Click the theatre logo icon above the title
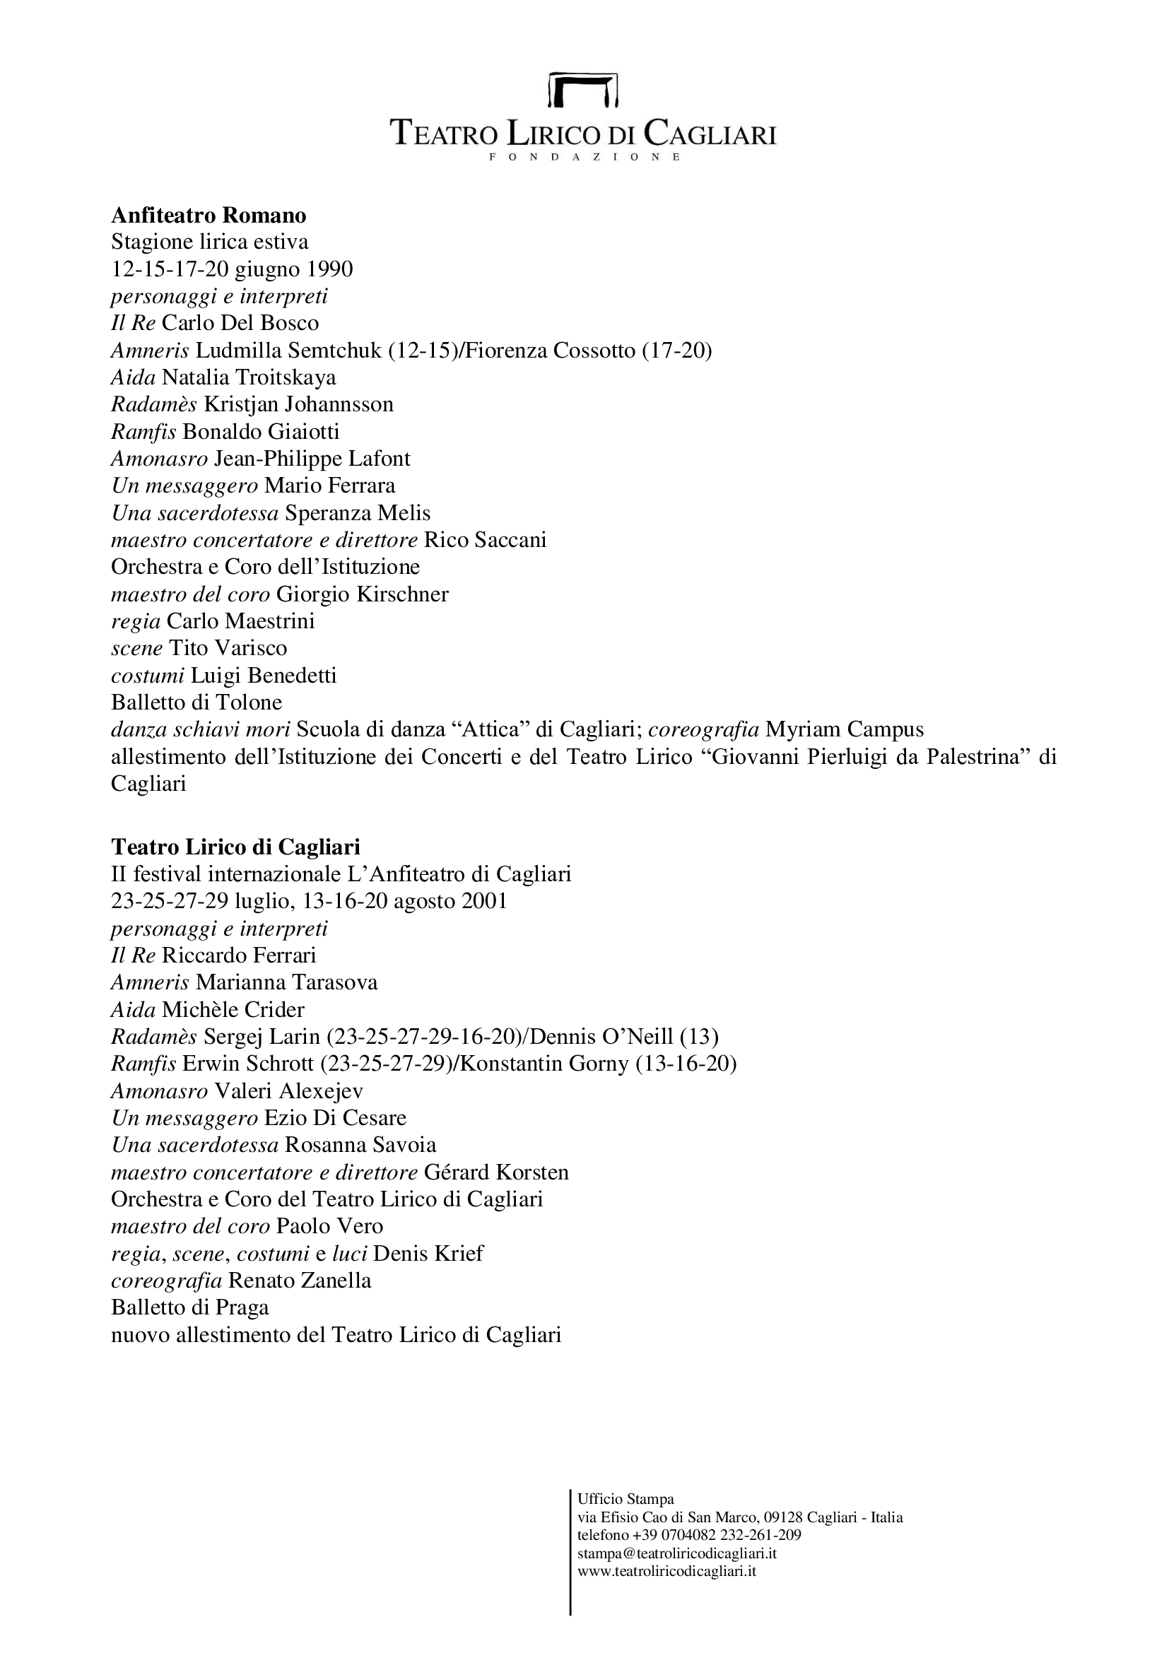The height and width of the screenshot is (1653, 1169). pyautogui.click(x=583, y=89)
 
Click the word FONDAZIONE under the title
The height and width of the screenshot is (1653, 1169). pyautogui.click(x=584, y=157)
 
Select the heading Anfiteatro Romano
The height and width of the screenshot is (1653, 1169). pyautogui.click(x=208, y=216)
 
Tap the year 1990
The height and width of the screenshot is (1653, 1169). pyautogui.click(x=329, y=269)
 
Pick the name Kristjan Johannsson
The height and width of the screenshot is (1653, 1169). pyautogui.click(x=299, y=404)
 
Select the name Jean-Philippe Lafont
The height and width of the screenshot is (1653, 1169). pyautogui.click(x=312, y=459)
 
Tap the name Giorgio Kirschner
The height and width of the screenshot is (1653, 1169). pyautogui.click(x=362, y=594)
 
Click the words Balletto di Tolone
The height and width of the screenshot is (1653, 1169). pyautogui.click(x=196, y=702)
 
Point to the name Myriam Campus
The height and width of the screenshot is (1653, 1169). pyautogui.click(x=845, y=729)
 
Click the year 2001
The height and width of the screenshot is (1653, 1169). pyautogui.click(x=483, y=900)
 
